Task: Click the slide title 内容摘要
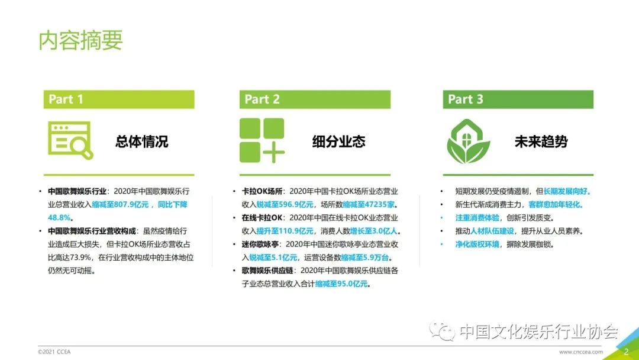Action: click(x=80, y=40)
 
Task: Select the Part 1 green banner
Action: click(x=119, y=99)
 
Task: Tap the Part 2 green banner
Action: click(x=315, y=99)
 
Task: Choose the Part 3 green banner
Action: click(x=518, y=99)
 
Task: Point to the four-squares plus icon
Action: click(x=262, y=140)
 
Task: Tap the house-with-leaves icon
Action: click(x=468, y=141)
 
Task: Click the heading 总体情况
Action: click(x=142, y=142)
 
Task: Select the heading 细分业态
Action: click(x=338, y=142)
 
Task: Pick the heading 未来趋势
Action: click(x=541, y=142)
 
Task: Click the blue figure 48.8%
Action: click(x=60, y=218)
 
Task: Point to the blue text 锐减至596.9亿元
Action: click(x=285, y=205)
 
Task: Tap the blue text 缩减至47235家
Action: click(x=369, y=205)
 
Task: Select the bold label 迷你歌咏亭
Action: click(x=260, y=244)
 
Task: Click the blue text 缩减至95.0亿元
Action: click(x=341, y=284)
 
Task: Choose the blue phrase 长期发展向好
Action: click(x=566, y=191)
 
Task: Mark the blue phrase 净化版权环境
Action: click(x=477, y=244)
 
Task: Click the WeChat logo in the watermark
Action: click(x=442, y=330)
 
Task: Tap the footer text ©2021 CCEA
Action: click(x=54, y=352)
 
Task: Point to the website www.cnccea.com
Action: click(x=581, y=352)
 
